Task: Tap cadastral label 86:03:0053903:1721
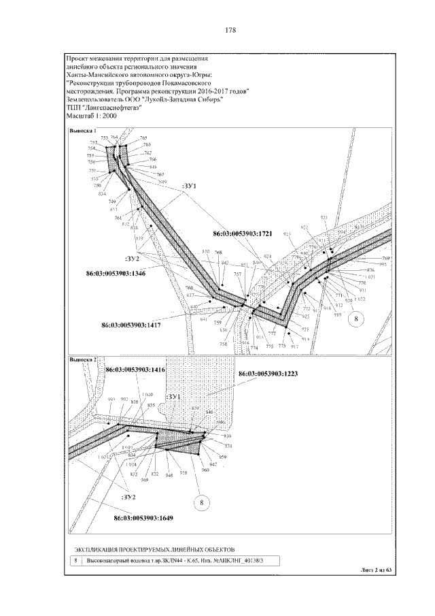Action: (x=243, y=233)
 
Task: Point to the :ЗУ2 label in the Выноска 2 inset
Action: (x=130, y=498)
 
